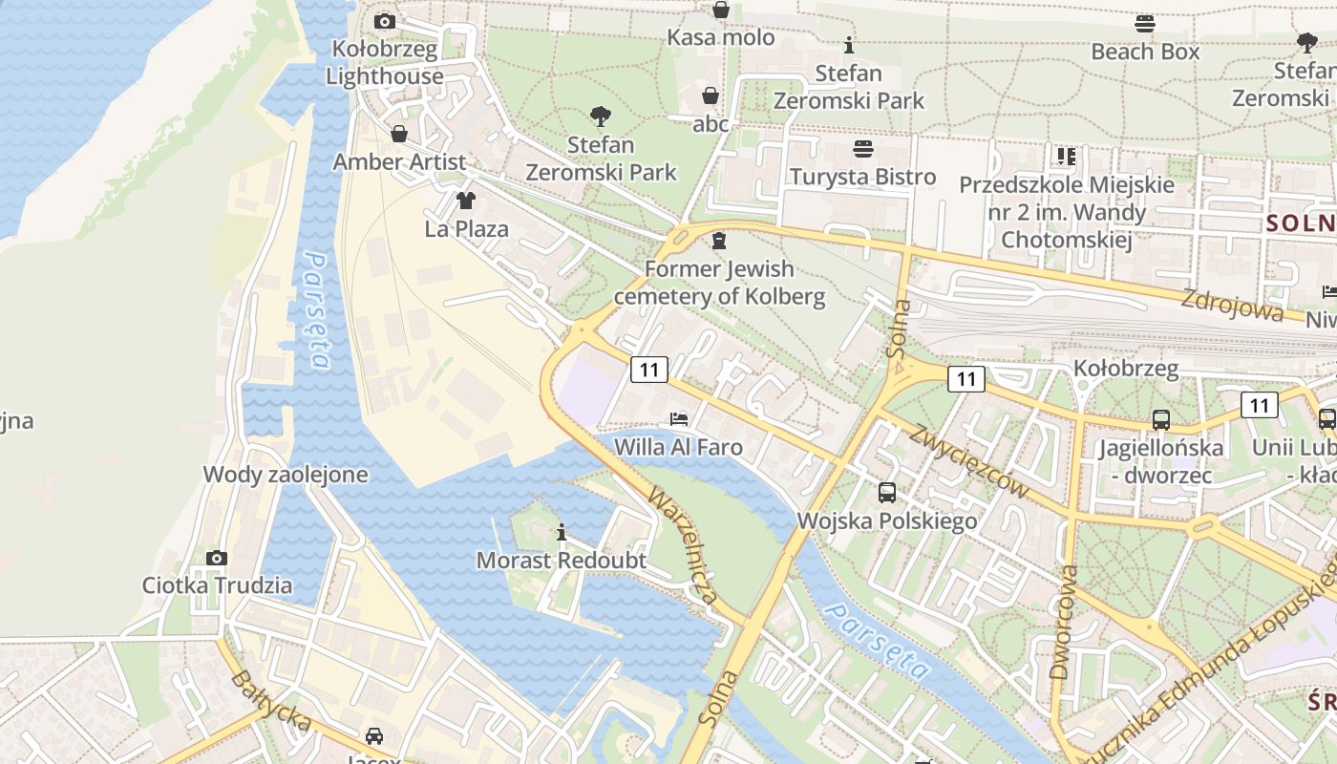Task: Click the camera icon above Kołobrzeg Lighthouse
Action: [384, 21]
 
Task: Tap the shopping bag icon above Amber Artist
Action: [399, 134]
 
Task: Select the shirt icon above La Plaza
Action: [465, 201]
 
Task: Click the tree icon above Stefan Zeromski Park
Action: [601, 117]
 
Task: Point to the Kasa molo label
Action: [720, 38]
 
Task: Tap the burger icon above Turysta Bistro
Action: [863, 149]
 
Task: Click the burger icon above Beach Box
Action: [1145, 24]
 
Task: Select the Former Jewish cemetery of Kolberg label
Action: [719, 283]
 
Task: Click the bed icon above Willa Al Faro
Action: [679, 418]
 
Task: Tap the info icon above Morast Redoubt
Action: [562, 532]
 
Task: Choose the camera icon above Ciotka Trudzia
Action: [217, 558]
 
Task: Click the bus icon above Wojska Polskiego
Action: [887, 493]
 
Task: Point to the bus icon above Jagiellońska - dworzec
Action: [1161, 419]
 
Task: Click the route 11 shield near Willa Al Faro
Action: [648, 370]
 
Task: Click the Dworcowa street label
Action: [1063, 622]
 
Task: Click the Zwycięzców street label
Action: [968, 462]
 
